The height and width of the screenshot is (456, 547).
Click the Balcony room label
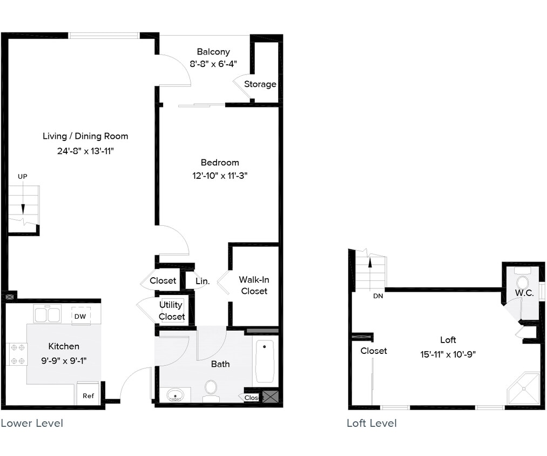click(x=213, y=52)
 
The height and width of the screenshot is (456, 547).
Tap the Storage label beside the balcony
click(x=260, y=84)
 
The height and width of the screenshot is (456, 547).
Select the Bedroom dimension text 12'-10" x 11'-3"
click(x=220, y=175)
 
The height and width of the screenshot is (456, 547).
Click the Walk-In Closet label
click(x=254, y=285)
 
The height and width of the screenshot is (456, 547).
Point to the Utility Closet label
click(x=172, y=311)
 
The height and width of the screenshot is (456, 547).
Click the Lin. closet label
click(x=202, y=281)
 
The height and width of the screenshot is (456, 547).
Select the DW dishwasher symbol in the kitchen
click(x=80, y=316)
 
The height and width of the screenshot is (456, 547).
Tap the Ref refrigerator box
click(x=88, y=395)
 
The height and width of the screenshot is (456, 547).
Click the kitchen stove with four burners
click(x=16, y=354)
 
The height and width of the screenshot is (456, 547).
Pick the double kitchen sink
click(x=47, y=314)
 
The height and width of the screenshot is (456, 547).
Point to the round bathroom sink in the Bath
click(x=174, y=395)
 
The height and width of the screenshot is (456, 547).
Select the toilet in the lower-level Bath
click(x=211, y=388)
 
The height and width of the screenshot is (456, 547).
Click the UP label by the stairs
click(x=22, y=176)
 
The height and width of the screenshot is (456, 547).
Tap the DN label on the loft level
click(x=378, y=296)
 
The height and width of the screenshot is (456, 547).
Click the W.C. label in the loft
click(x=524, y=293)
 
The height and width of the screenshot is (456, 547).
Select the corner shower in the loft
click(x=523, y=388)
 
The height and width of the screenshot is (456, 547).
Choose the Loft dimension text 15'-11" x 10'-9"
click(x=448, y=354)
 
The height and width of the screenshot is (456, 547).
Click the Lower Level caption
click(x=32, y=423)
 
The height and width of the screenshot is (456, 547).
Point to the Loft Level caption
click(x=372, y=423)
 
